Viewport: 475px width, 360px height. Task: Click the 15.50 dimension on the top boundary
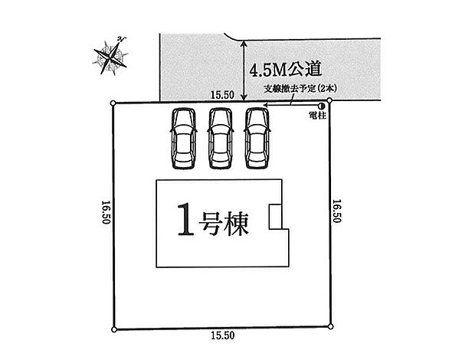point(222,94)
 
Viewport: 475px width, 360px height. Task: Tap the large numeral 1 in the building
point(185,222)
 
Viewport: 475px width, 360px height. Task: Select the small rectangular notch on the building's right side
point(275,217)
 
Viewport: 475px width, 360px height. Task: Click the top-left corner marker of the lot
point(113,103)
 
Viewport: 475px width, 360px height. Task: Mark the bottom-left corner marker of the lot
point(114,330)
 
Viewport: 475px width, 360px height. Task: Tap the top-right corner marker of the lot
point(329,101)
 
